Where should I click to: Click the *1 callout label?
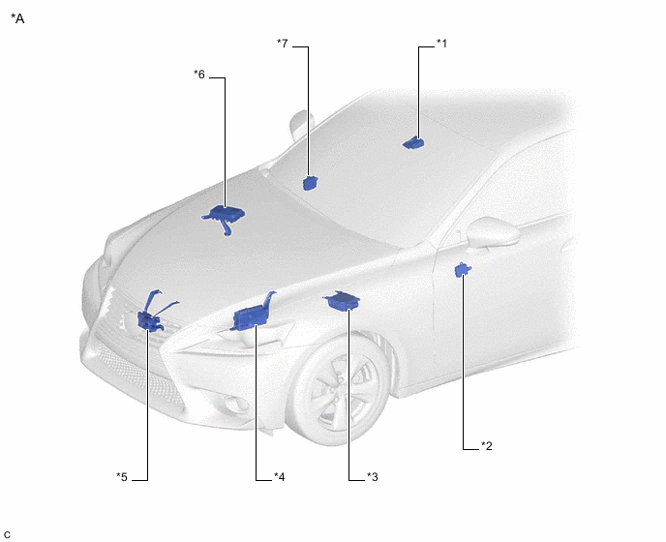click(x=441, y=44)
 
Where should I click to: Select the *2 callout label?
click(x=486, y=446)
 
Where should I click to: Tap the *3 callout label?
click(x=372, y=477)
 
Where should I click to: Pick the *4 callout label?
click(x=279, y=477)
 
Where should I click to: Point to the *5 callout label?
click(x=122, y=477)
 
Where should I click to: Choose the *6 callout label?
click(x=199, y=75)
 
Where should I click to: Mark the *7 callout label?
click(x=282, y=44)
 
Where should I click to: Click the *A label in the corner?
click(x=17, y=18)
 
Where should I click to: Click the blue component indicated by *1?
click(x=412, y=143)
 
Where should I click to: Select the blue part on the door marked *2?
click(x=462, y=270)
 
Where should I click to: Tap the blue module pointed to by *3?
click(x=342, y=301)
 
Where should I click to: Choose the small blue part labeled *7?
click(x=311, y=183)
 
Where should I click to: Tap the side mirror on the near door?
click(x=493, y=232)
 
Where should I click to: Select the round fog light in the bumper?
click(x=233, y=405)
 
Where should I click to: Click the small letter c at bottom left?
click(x=7, y=534)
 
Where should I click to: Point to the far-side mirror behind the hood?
click(x=301, y=124)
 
